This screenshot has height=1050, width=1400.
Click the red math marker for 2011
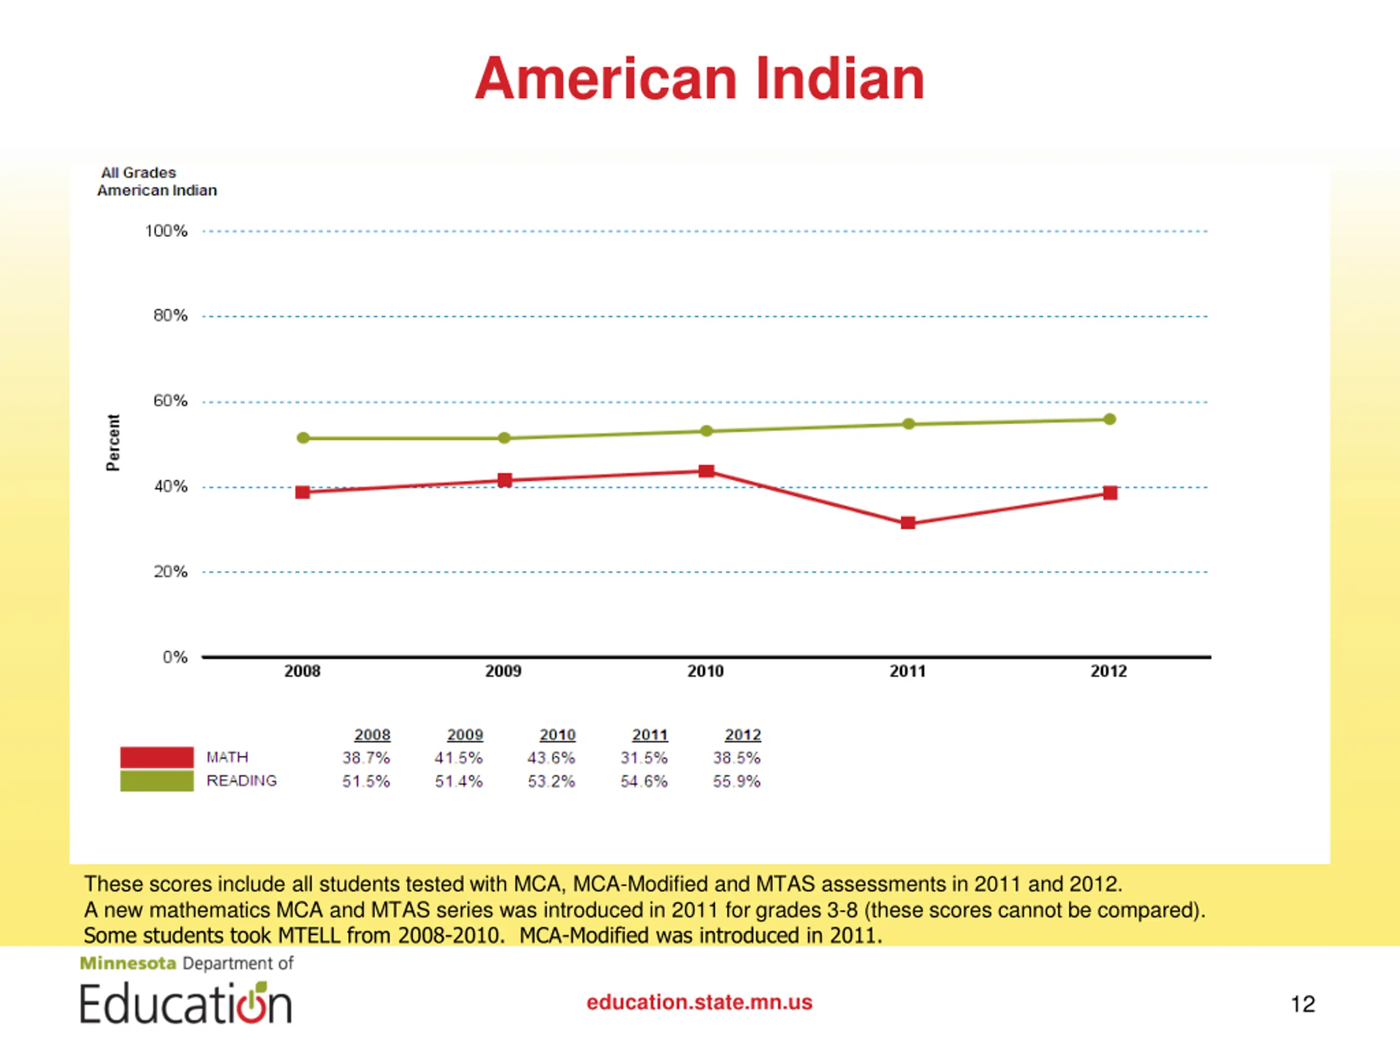pos(908,523)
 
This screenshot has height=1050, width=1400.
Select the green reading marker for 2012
pos(1110,419)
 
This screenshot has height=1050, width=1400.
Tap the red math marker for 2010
pos(707,471)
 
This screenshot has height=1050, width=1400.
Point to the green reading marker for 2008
pos(303,438)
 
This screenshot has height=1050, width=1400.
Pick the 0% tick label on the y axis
pos(174,657)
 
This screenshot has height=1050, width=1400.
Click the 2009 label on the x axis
pos(503,671)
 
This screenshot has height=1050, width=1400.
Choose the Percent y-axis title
pos(113,442)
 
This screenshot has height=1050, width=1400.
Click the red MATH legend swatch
pos(157,757)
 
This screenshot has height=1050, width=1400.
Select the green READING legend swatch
pos(157,780)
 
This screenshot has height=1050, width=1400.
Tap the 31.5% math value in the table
pos(644,757)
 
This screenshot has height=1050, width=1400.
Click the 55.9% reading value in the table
pos(736,781)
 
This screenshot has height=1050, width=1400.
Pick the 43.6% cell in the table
pos(551,757)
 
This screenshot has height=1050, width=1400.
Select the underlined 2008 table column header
pos(372,735)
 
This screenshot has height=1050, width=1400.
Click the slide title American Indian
pos(699,79)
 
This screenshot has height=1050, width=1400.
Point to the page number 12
pos(1303,1004)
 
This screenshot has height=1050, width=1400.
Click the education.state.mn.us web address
pos(699,1002)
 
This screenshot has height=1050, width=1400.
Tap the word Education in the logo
pos(185,1004)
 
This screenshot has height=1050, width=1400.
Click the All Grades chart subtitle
pos(138,173)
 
